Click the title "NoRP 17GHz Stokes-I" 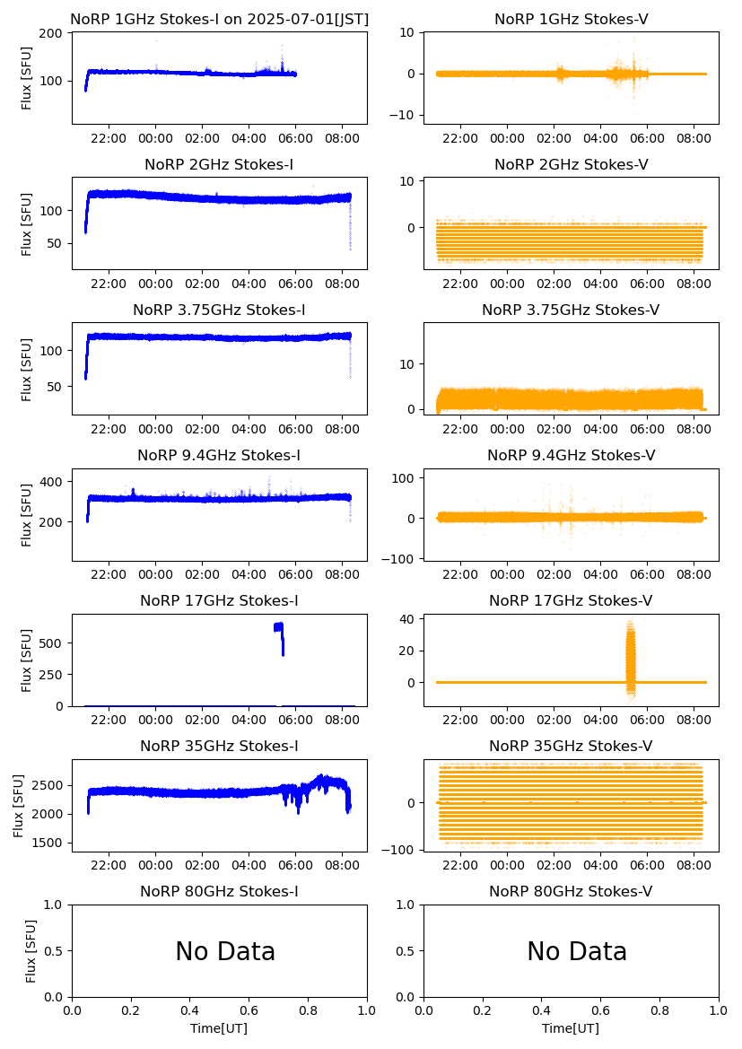(x=219, y=600)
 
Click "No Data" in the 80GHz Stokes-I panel (x=225, y=951)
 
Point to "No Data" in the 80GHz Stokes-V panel (x=577, y=951)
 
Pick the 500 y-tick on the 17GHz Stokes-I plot (x=52, y=643)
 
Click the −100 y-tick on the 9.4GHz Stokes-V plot (x=400, y=559)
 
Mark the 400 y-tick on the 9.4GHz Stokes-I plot (x=52, y=482)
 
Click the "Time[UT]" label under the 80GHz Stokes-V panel (x=571, y=1028)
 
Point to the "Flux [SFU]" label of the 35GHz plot (x=19, y=806)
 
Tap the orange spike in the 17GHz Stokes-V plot (x=630, y=660)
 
